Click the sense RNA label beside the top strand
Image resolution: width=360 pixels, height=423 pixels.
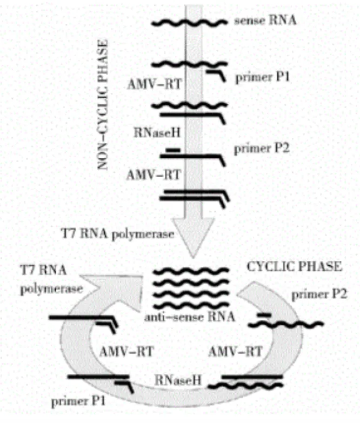coord(259,23)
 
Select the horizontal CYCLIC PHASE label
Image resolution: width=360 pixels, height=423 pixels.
coord(294,267)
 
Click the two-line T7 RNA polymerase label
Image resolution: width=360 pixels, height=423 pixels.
coord(51,279)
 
